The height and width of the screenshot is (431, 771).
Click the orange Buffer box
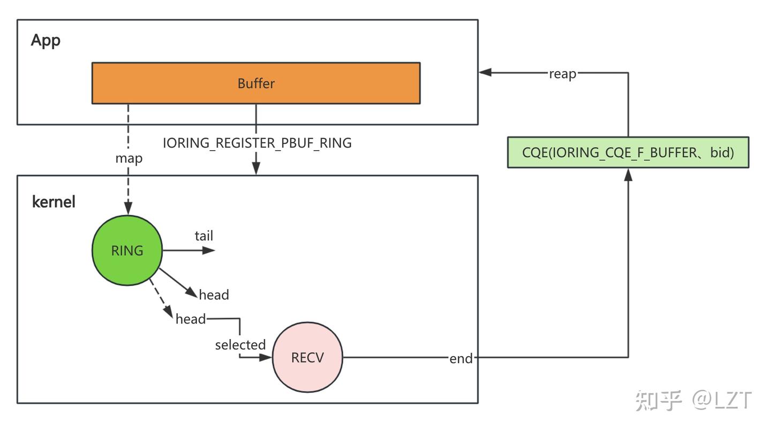tap(256, 83)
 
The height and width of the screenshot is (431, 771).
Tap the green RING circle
tap(127, 250)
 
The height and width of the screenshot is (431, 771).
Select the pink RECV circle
tap(307, 357)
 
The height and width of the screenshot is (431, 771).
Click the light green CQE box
tap(628, 152)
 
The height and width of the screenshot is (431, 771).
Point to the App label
tap(46, 40)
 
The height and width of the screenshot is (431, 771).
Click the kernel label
tap(54, 202)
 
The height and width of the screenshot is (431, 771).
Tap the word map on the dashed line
tap(128, 159)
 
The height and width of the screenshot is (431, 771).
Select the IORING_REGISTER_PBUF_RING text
tap(257, 143)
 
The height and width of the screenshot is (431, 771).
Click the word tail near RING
tap(203, 236)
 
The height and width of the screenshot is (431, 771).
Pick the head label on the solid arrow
tap(214, 295)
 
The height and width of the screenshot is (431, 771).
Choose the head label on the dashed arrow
tap(190, 319)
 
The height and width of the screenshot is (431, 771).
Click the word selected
tap(240, 345)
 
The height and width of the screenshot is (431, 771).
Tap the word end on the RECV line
tap(461, 358)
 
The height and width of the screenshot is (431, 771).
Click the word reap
tap(562, 74)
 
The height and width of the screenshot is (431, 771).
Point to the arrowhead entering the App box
tap(485, 72)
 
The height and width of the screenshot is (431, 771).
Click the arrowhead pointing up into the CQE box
tap(628, 174)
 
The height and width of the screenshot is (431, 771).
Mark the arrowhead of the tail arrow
tap(209, 250)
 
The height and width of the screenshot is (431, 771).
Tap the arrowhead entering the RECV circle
tap(266, 357)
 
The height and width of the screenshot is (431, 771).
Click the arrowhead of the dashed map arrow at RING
tap(128, 209)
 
